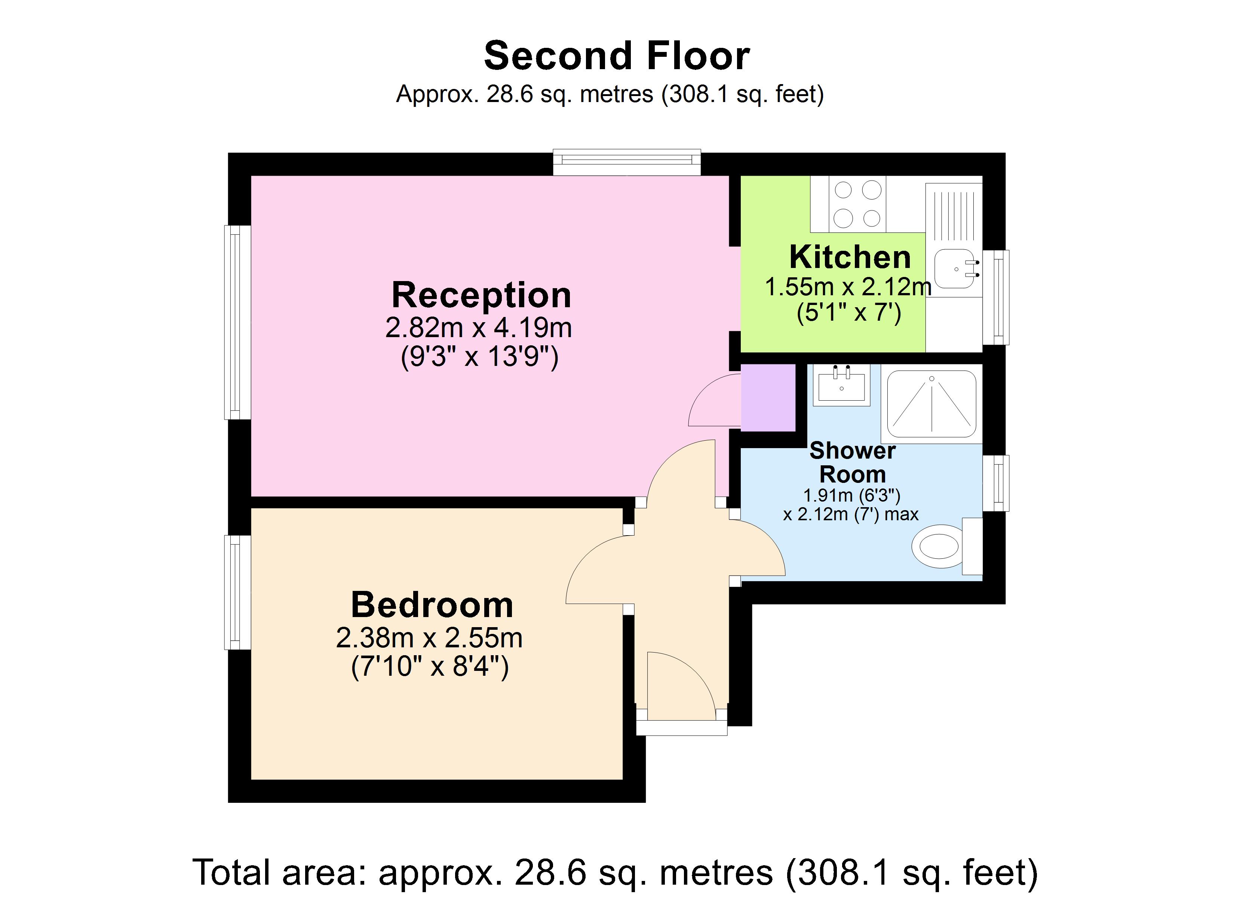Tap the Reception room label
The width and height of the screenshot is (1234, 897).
481,295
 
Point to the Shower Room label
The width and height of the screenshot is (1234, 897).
852,462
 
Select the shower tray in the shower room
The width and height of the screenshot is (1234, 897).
931,404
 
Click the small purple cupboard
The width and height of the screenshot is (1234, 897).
768,398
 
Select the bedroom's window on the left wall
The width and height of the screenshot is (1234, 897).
237,592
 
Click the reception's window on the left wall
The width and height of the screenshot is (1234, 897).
237,322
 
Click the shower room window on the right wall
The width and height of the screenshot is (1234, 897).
996,483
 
